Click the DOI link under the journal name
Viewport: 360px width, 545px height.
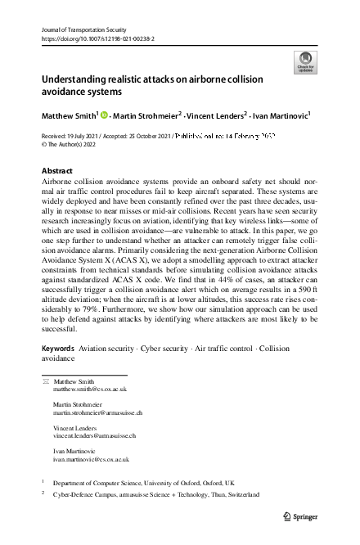pyautogui.click(x=93, y=38)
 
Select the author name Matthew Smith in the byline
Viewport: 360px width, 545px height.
pyautogui.click(x=69, y=116)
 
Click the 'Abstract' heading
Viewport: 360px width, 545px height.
pyautogui.click(x=56, y=171)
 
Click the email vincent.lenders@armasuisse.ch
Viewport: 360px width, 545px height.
pyautogui.click(x=94, y=436)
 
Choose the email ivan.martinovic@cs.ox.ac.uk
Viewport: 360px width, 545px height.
pyautogui.click(x=90, y=459)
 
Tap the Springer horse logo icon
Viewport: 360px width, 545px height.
pyautogui.click(x=287, y=516)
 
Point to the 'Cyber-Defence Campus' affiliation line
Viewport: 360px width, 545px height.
pyautogui.click(x=155, y=495)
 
